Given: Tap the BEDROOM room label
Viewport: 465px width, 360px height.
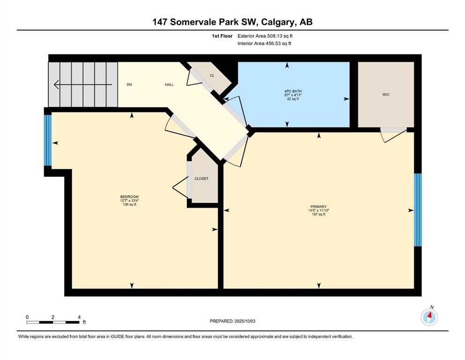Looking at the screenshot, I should coord(129,197).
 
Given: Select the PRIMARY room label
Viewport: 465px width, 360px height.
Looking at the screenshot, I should coord(318,207).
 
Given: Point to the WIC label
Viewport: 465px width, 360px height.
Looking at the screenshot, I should coord(385,95).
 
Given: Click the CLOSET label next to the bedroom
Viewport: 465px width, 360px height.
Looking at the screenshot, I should coord(201,179).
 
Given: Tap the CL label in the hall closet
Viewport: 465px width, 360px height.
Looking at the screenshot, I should coord(212,75).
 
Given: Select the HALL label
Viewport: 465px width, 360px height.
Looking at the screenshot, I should coord(169,85).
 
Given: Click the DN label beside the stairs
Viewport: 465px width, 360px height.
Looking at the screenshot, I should coord(129,85).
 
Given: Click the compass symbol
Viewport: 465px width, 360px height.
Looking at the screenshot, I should coord(429,317).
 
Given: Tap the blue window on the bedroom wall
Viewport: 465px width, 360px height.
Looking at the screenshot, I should coord(47,140).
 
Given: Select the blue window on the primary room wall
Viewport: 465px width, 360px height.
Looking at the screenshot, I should coord(418,210).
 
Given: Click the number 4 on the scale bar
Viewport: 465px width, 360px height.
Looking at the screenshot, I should coord(79,317).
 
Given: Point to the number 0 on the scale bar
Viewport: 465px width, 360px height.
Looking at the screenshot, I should coord(27,317).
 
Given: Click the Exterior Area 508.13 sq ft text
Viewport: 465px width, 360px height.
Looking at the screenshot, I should coord(268,36).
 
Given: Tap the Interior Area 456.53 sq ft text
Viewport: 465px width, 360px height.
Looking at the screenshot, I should coord(267,44).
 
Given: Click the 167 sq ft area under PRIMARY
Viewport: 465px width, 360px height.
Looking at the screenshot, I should coord(318,215).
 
